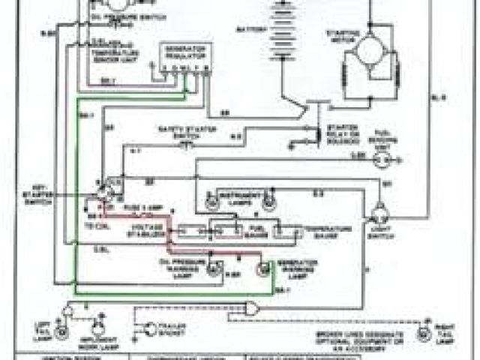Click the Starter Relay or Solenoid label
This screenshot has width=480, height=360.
point(346,135)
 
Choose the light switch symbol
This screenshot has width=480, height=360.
point(379,209)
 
